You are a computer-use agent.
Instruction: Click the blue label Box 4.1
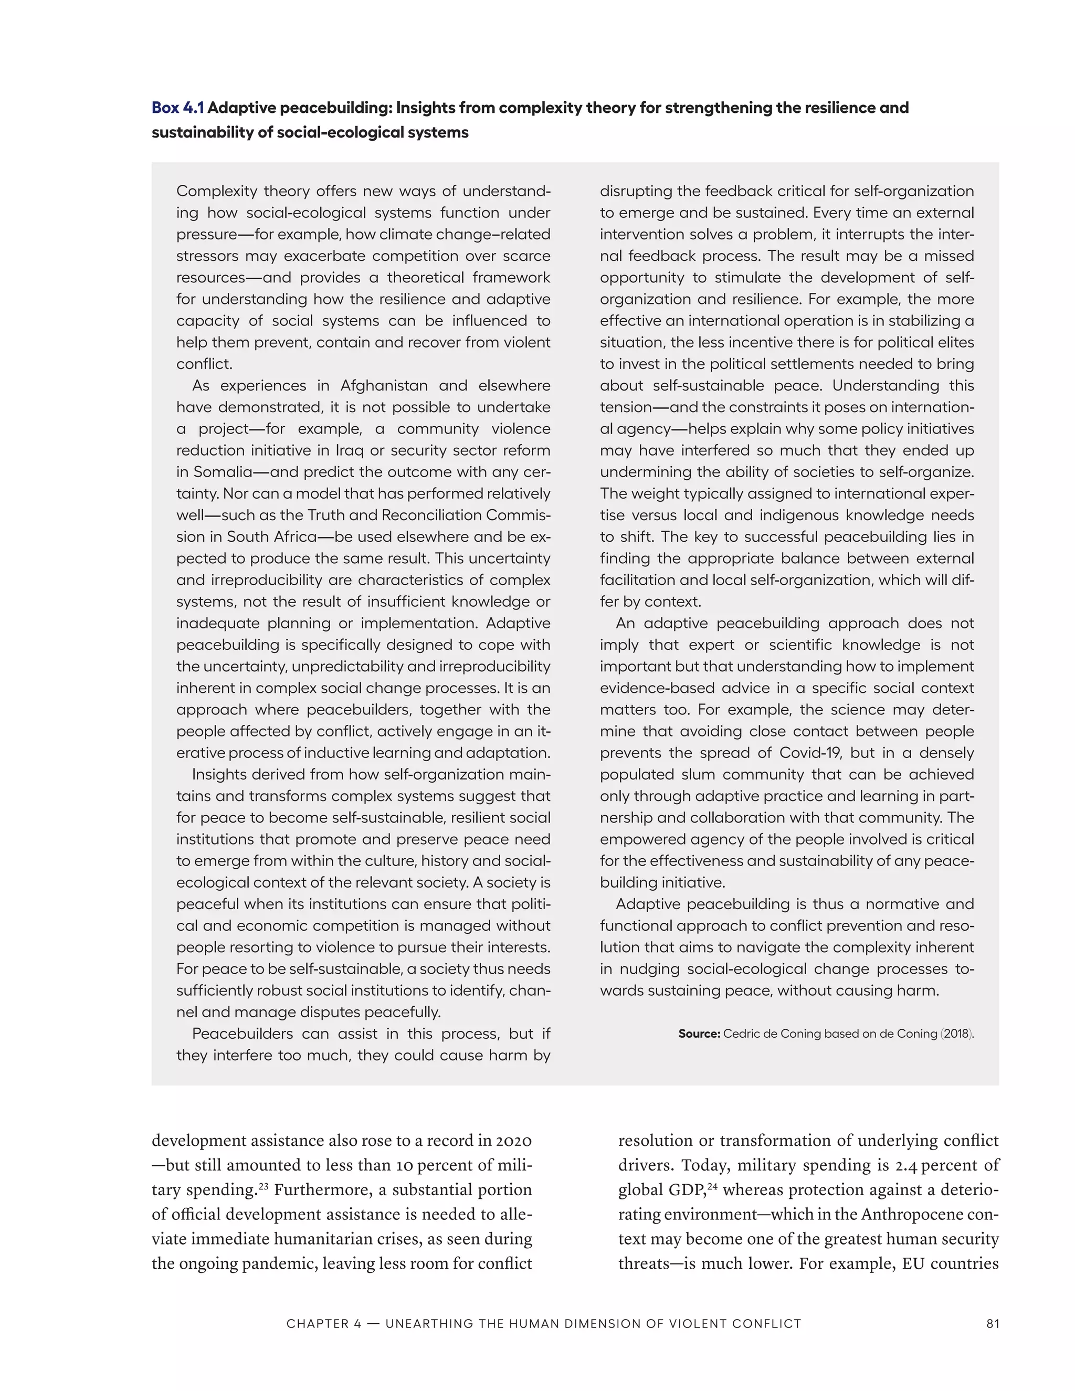[178, 108]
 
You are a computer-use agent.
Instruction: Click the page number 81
[992, 1323]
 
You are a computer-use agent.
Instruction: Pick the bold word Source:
[699, 1034]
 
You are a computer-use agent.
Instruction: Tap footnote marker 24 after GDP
[711, 1185]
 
